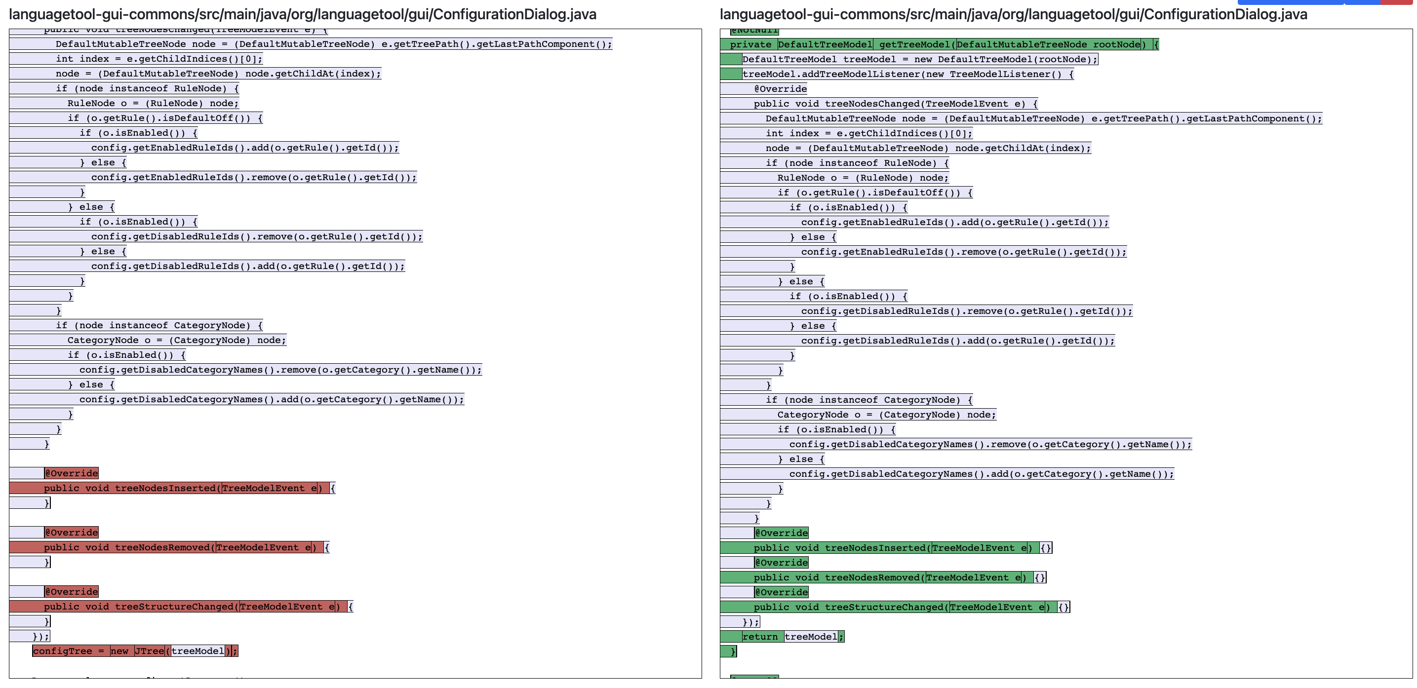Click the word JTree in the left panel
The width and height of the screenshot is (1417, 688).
click(150, 651)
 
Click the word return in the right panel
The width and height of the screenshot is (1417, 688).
click(760, 637)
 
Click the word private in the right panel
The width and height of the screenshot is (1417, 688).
click(750, 44)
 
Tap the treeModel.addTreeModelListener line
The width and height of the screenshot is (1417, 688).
click(907, 74)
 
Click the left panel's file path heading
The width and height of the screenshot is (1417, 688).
click(303, 14)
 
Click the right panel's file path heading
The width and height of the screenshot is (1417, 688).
click(1013, 14)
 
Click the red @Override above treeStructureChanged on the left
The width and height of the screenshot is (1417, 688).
click(72, 592)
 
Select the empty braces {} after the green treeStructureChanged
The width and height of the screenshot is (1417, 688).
click(1063, 607)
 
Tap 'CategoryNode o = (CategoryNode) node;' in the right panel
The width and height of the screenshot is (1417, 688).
click(886, 415)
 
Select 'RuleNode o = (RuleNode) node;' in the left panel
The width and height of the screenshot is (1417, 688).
click(153, 103)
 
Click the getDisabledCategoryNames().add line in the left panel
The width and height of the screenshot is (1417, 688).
click(271, 399)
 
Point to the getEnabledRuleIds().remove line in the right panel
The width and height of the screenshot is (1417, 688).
click(963, 252)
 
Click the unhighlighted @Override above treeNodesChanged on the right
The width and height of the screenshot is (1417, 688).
click(780, 89)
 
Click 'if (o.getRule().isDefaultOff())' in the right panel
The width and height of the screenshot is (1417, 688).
click(874, 192)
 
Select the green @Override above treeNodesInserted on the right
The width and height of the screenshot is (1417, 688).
click(781, 533)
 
